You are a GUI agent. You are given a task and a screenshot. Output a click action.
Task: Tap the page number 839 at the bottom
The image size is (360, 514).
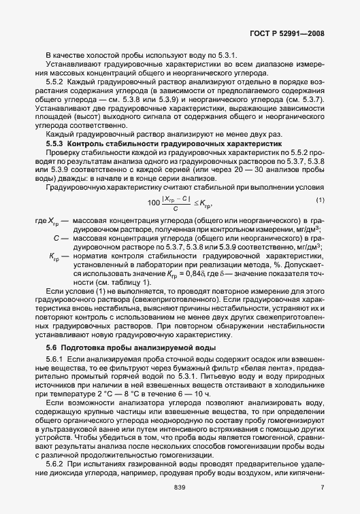click(x=180, y=488)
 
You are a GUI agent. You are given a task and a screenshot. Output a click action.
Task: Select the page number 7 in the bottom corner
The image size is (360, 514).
click(x=322, y=488)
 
